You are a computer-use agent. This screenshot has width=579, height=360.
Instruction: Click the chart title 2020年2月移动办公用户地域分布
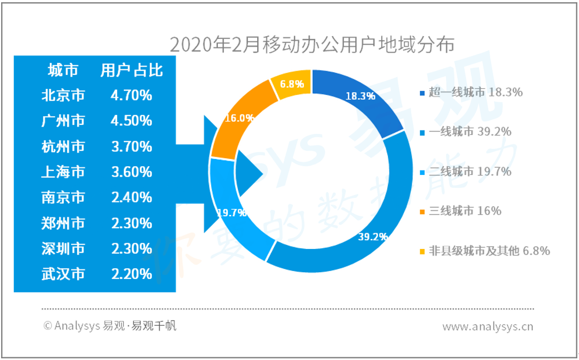(x=312, y=45)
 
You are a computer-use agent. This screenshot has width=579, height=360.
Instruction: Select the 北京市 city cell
(x=63, y=95)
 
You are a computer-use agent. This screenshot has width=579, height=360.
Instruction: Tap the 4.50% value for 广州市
(x=132, y=121)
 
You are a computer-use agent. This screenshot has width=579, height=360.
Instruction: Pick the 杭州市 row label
(x=63, y=147)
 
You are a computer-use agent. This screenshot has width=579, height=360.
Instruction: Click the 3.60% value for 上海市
(x=132, y=172)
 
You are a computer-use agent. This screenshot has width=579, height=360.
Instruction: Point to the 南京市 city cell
(x=63, y=198)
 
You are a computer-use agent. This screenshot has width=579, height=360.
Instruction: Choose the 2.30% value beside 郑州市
(x=132, y=223)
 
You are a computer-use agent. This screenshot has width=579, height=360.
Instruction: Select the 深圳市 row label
(x=63, y=248)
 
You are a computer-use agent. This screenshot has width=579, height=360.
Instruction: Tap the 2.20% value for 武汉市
(x=132, y=274)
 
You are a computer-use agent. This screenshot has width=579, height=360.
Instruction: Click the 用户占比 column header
(x=132, y=70)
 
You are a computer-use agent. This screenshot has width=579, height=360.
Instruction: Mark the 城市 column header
(x=63, y=70)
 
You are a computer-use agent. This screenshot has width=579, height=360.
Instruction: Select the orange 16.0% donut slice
(x=240, y=118)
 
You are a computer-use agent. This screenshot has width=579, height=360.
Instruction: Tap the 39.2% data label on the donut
(x=373, y=237)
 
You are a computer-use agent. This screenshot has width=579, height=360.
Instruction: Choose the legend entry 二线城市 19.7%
(x=466, y=172)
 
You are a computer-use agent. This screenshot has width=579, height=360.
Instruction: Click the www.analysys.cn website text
(x=488, y=327)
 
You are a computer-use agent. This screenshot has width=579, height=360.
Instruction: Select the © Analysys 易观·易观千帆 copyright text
(x=110, y=326)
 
